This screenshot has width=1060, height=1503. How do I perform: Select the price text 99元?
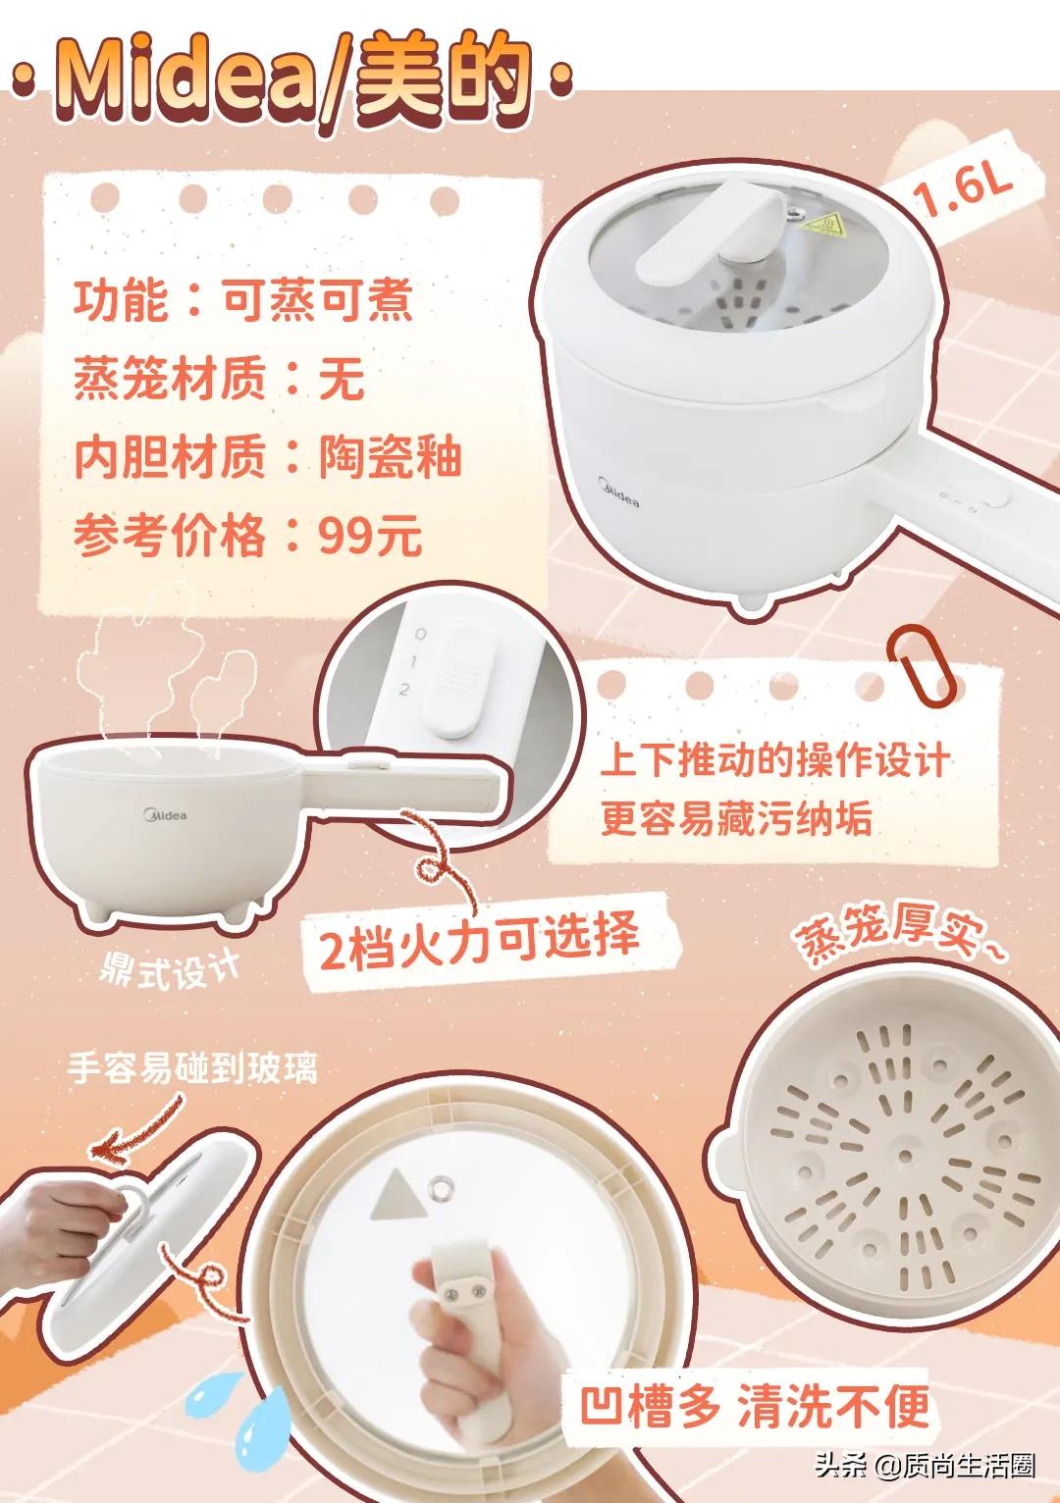tap(370, 537)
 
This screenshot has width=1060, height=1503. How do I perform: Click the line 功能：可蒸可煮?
tap(243, 299)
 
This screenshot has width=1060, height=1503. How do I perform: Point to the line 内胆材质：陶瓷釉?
tap(267, 457)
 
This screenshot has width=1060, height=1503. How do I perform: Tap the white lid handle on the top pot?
tap(700, 236)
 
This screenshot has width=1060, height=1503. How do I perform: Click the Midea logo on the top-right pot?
tap(618, 492)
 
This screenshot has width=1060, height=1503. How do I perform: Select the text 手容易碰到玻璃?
tap(192, 1067)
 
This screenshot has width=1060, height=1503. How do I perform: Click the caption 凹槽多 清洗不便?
tap(754, 1409)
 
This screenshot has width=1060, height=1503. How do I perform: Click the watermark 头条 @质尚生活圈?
tap(924, 1467)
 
